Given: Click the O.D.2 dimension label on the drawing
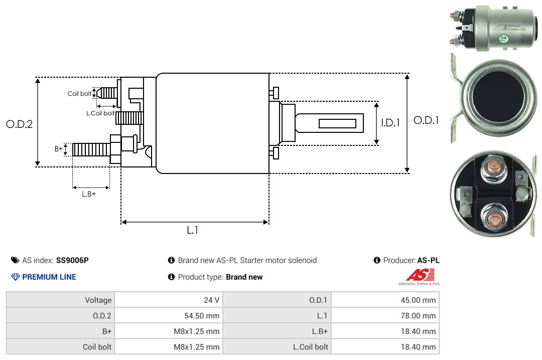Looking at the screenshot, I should click(x=19, y=124).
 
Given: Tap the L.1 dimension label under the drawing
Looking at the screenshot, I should click(x=193, y=230).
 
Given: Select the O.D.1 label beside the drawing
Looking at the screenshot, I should click(x=426, y=120).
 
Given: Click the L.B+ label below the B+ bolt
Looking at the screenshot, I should click(x=89, y=194).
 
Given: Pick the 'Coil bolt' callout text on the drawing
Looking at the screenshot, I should click(x=79, y=94).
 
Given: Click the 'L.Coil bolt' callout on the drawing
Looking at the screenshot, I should click(x=100, y=113).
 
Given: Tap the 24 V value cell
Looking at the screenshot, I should click(x=211, y=300).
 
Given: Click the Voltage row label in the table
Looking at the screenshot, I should click(x=98, y=300).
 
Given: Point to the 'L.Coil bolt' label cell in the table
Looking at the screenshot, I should click(x=311, y=347).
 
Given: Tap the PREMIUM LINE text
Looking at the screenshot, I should click(x=49, y=277).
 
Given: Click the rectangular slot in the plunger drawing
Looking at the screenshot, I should click(x=337, y=123).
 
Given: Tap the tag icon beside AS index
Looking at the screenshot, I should click(x=15, y=260).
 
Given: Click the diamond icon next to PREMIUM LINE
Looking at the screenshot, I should click(x=15, y=277).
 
